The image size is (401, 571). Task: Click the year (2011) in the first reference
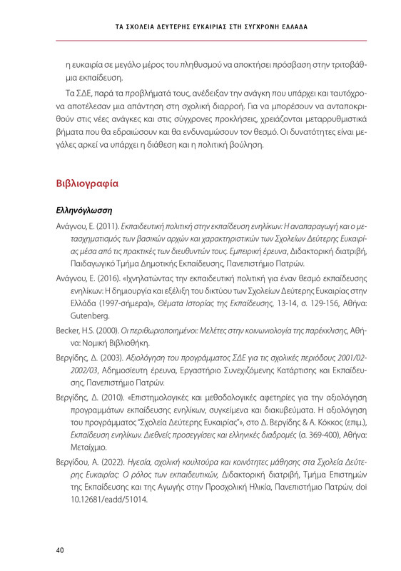96,227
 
